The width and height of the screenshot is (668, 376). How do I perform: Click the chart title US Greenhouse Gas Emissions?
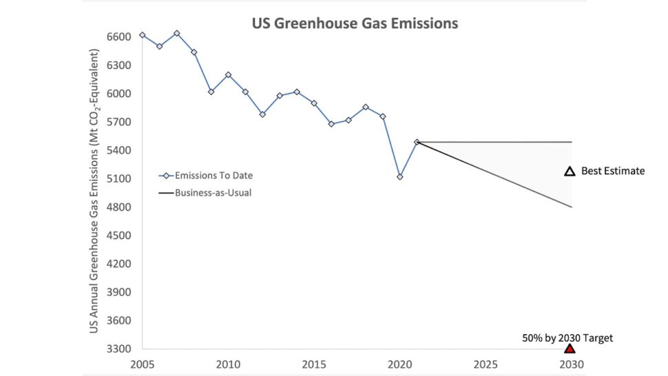tap(354, 23)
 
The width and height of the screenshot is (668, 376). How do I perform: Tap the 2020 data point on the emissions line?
tap(400, 177)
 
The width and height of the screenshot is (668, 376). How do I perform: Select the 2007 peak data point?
tap(177, 33)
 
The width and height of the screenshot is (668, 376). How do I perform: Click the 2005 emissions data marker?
tap(143, 35)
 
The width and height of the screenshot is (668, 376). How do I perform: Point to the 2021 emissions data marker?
tap(417, 142)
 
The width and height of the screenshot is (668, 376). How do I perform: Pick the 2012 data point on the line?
tap(262, 114)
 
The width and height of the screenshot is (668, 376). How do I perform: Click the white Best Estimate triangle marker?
tap(570, 171)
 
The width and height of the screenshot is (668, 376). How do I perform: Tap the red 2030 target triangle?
tap(570, 349)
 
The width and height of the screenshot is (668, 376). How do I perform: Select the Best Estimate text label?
tap(613, 171)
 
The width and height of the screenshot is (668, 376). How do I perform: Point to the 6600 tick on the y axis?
tap(119, 36)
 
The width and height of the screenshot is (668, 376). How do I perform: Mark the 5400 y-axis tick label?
tap(119, 150)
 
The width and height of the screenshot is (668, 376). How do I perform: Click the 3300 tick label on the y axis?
tap(119, 349)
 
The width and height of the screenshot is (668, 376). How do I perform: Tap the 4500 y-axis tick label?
tap(119, 236)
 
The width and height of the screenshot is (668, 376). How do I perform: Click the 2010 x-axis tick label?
tap(228, 364)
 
